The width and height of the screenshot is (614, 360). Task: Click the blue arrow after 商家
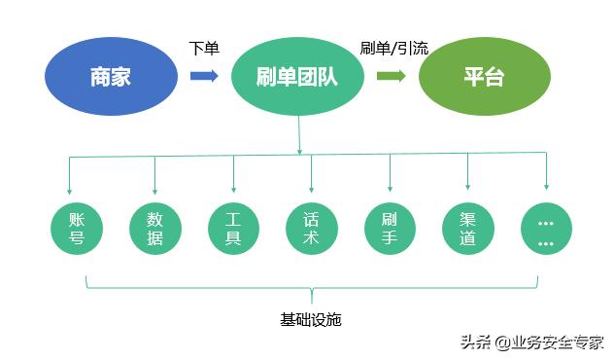point(204,76)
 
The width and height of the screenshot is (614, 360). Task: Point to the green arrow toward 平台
point(391,76)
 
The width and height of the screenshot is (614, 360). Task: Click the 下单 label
point(203,49)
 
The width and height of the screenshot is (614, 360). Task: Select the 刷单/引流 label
point(392,49)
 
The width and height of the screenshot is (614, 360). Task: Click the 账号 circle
point(77,228)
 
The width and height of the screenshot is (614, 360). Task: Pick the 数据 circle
point(154,228)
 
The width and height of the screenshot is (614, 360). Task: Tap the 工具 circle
point(233,228)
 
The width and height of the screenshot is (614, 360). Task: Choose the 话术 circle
point(312,228)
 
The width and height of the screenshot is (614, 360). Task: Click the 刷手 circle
point(390,228)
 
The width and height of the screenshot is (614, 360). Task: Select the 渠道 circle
point(467,228)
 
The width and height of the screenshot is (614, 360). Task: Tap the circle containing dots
point(545,230)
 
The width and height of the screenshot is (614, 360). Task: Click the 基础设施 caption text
point(310,319)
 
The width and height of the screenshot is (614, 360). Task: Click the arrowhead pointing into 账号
point(68,188)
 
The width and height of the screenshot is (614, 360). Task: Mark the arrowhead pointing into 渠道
point(467,188)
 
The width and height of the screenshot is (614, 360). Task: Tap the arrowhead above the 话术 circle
point(312,188)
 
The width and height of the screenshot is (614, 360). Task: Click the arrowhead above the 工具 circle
point(233,188)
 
